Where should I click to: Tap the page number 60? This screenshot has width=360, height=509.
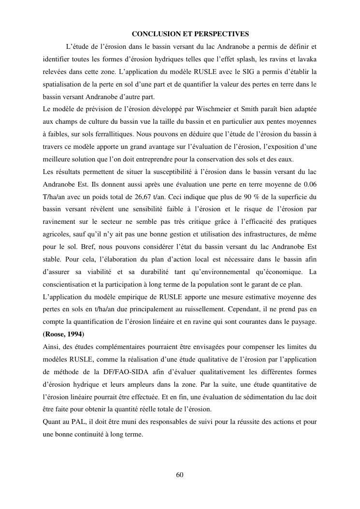(x=180, y=475)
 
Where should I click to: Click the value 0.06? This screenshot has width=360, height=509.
(x=308, y=185)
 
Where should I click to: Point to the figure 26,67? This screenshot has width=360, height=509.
(x=138, y=197)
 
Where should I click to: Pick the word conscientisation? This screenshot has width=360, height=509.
(x=66, y=284)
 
